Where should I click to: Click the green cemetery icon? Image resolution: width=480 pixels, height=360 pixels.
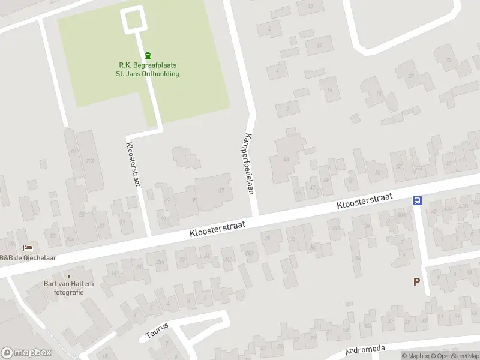pyautogui.click(x=148, y=56)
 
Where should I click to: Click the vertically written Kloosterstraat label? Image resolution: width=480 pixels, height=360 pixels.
pyautogui.click(x=133, y=163)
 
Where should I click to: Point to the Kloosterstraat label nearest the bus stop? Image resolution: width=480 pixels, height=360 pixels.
pyautogui.click(x=364, y=201)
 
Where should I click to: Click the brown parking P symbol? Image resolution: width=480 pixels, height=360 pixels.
pyautogui.click(x=416, y=281)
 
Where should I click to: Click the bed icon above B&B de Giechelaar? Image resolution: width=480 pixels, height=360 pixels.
pyautogui.click(x=28, y=248)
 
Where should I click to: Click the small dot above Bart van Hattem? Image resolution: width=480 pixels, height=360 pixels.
pyautogui.click(x=68, y=276)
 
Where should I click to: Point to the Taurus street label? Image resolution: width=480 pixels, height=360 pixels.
pyautogui.click(x=157, y=331)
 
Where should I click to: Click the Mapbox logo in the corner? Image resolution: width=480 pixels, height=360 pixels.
pyautogui.click(x=26, y=353)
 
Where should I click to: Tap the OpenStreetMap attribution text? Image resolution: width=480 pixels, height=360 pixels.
pyautogui.click(x=454, y=356)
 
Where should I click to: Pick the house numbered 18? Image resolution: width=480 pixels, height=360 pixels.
pyautogui.click(x=379, y=95)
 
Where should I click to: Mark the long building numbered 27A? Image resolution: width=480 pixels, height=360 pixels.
pyautogui.click(x=91, y=161)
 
